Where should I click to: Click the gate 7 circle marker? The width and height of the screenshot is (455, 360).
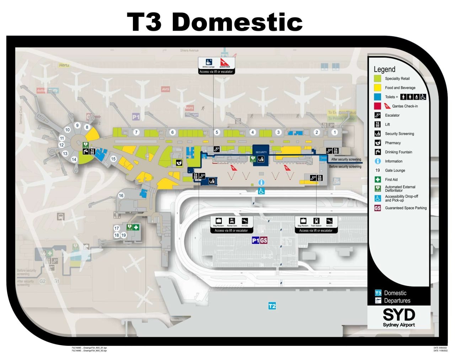(136, 132)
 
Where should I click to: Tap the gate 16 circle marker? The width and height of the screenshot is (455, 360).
(121, 195)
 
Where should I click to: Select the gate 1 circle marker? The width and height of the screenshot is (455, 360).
(334, 132)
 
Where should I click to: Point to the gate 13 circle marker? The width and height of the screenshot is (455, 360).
(65, 154)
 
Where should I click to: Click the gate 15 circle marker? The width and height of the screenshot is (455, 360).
(113, 159)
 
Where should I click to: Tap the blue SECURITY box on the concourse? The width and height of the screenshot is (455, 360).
(261, 152)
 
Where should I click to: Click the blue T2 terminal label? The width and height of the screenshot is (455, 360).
(272, 306)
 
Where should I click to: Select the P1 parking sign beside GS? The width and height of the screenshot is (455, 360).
(255, 241)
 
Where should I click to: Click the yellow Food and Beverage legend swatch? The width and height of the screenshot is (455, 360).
(378, 87)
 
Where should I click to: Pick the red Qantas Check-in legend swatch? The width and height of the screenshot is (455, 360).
(378, 106)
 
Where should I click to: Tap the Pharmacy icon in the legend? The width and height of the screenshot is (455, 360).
(378, 143)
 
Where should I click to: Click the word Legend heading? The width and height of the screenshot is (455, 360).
(384, 69)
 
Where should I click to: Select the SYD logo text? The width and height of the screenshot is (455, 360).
(399, 315)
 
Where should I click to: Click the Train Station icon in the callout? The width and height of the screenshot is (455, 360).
(316, 221)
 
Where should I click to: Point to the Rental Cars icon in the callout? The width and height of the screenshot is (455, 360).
(232, 221)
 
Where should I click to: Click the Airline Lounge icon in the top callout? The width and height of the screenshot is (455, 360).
(209, 62)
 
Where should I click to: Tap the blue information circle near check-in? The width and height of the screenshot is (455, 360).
(261, 182)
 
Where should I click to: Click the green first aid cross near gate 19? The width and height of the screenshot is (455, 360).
(136, 227)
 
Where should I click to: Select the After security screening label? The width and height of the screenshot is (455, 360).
(346, 159)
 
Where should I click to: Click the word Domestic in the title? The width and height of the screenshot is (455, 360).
(237, 22)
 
